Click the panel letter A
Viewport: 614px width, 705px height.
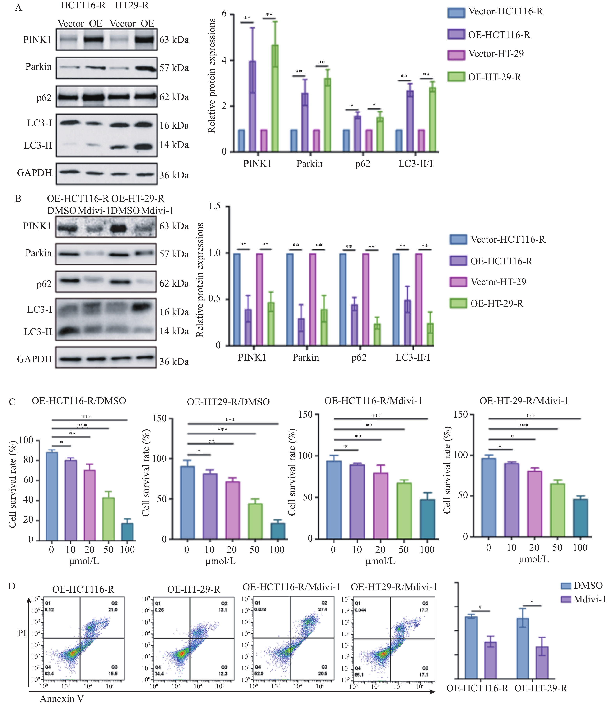point(19,8)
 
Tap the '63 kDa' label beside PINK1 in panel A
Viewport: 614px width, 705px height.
point(174,40)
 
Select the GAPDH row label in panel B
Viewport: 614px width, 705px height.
point(34,359)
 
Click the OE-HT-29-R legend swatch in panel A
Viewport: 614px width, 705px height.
point(456,77)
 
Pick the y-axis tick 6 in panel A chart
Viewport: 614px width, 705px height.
point(224,14)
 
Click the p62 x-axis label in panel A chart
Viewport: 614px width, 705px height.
point(363,164)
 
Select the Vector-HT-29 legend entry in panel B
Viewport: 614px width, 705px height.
point(498,282)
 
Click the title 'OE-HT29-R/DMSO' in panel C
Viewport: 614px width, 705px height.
point(228,402)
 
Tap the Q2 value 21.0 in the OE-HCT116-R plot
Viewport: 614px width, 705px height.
point(112,610)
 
